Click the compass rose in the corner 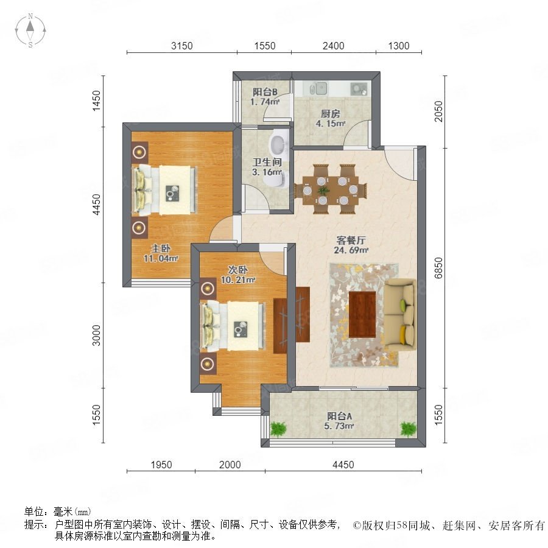pyautogui.click(x=30, y=30)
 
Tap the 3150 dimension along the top pyautogui.click(x=181, y=46)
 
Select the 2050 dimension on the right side pyautogui.click(x=438, y=111)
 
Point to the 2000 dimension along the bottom pyautogui.click(x=230, y=465)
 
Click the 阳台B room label pyautogui.click(x=265, y=92)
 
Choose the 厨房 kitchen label pyautogui.click(x=330, y=114)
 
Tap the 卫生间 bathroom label pyautogui.click(x=267, y=162)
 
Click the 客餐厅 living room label pyautogui.click(x=351, y=240)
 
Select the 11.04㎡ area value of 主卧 pyautogui.click(x=161, y=259)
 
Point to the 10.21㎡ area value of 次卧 pyautogui.click(x=237, y=280)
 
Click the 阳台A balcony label pyautogui.click(x=339, y=416)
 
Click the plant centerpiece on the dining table pyautogui.click(x=323, y=191)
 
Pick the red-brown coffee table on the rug pyautogui.click(x=362, y=314)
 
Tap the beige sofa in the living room pyautogui.click(x=400, y=314)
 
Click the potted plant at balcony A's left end pyautogui.click(x=278, y=429)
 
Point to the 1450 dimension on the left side pyautogui.click(x=96, y=100)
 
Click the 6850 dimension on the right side pyautogui.click(x=438, y=268)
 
